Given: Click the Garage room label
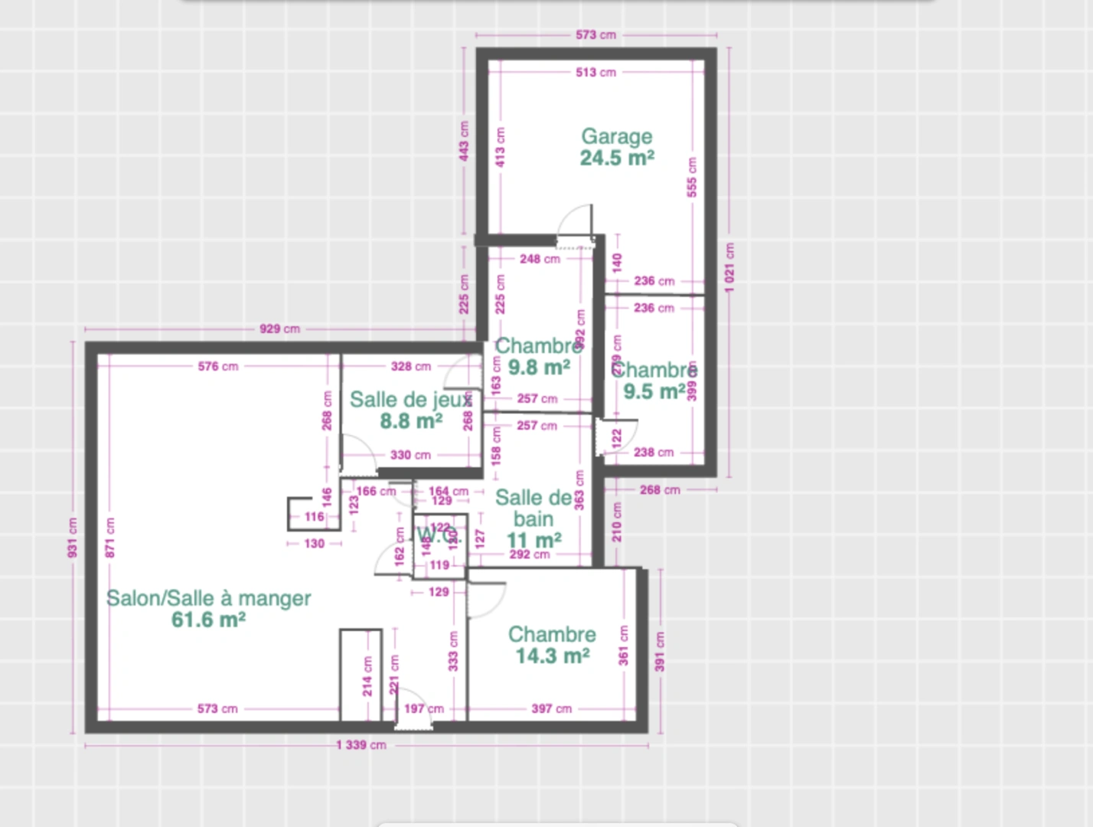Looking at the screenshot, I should tap(617, 136).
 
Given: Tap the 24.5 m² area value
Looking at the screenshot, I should tap(617, 159).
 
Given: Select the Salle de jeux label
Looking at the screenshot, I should tap(411, 400).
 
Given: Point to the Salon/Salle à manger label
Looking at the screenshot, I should tap(208, 598).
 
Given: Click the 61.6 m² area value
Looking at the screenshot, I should tap(208, 619).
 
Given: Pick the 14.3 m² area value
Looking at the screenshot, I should tap(552, 656).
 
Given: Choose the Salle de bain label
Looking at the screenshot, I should tap(533, 508).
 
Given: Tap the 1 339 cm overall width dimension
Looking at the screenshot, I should tap(361, 745).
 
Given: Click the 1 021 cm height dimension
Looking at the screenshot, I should tap(729, 263).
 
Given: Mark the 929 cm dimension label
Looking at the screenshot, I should tap(279, 329).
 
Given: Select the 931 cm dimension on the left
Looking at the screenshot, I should tap(73, 538).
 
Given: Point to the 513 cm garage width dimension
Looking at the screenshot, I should tap(595, 73).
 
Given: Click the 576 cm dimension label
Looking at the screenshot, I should tap(218, 367).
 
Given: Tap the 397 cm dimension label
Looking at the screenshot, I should tap(551, 709).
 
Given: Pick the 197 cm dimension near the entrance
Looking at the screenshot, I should tap(424, 709).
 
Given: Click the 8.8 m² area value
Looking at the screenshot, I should tap(411, 421).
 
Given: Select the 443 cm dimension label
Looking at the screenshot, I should tap(464, 141).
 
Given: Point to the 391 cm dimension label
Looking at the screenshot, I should tap(660, 652).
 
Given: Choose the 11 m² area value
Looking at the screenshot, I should tap(533, 540).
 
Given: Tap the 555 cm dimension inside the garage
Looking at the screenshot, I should tap(692, 177).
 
